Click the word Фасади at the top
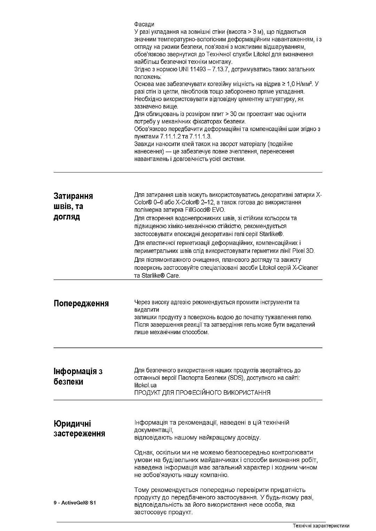pyautogui.click(x=144, y=24)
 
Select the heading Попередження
pyautogui.click(x=81, y=304)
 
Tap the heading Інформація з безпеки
pyautogui.click(x=78, y=377)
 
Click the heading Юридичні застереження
pyautogui.click(x=79, y=428)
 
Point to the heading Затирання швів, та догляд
pyautogui.click(x=73, y=206)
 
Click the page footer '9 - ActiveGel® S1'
pyautogui.click(x=75, y=503)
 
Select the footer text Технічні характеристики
pyautogui.click(x=321, y=526)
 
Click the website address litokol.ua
pyautogui.click(x=145, y=385)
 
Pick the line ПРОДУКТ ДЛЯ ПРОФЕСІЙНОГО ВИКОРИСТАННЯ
pyautogui.click(x=202, y=393)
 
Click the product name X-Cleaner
pyautogui.click(x=305, y=268)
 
